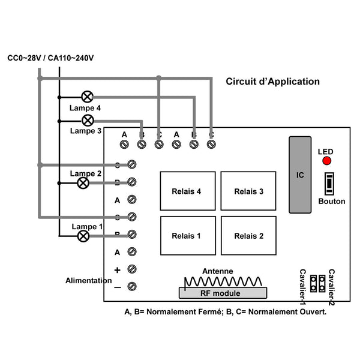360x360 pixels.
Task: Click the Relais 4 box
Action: click(x=186, y=192)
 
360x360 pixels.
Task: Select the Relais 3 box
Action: click(x=248, y=192)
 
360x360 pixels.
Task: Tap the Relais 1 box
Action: click(x=186, y=236)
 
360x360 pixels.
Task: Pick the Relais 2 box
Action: click(x=248, y=236)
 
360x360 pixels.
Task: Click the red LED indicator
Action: click(x=327, y=161)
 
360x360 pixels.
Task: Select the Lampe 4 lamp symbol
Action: click(x=88, y=96)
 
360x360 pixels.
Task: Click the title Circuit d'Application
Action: click(x=272, y=82)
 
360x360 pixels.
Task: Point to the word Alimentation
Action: click(x=89, y=280)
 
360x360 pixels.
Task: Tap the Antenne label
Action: click(x=217, y=271)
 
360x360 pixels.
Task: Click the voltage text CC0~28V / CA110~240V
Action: click(x=51, y=58)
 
